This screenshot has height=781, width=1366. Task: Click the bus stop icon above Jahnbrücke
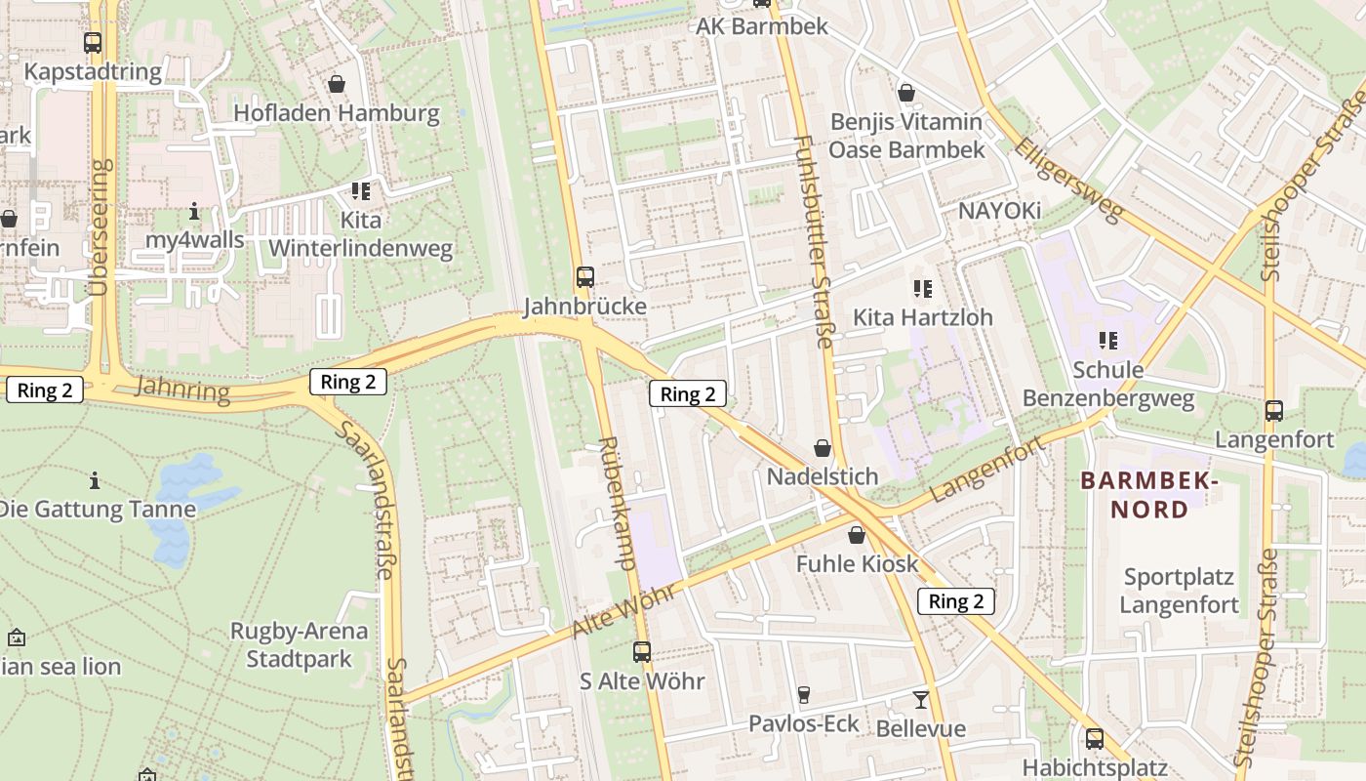pos(584,277)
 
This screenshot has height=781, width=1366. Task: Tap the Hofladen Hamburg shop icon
pos(337,84)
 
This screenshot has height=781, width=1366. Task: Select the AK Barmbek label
pos(762,26)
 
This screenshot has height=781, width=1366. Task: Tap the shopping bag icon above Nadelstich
pos(823,448)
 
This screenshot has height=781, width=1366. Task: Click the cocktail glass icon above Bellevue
pos(920,699)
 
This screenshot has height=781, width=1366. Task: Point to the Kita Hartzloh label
pos(922,317)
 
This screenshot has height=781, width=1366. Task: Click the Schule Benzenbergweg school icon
pos(1107,341)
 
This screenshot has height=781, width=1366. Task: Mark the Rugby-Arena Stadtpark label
pos(299,644)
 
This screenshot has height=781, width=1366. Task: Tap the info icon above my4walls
pos(194,211)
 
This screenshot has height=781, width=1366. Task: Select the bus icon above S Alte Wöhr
pos(641,651)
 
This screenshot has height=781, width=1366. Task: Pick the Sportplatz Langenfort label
pos(1179,591)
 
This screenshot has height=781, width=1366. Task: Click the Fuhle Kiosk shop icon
pos(856,535)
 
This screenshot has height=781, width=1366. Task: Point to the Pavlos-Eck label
pos(804,723)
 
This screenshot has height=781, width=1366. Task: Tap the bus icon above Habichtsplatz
pos(1095,739)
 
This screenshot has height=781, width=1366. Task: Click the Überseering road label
pos(99,227)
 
